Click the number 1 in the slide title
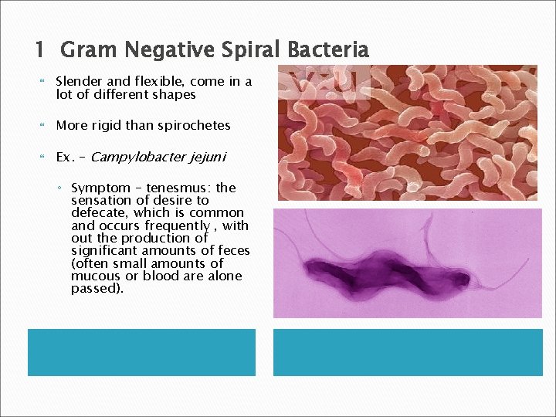tap(40, 51)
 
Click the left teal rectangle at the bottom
tap(141, 352)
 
